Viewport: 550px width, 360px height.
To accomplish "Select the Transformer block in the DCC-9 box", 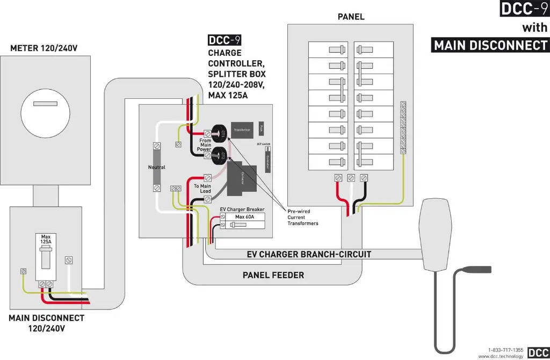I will coord(242,130).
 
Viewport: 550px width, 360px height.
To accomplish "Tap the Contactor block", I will coord(242,181).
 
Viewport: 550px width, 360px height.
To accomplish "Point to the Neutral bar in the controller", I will coord(156,167).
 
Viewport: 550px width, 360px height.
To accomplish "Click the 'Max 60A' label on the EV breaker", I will coord(244,217).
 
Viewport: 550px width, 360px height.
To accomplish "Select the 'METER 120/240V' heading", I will coord(44,48).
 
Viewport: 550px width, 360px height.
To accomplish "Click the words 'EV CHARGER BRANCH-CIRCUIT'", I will coord(309,254).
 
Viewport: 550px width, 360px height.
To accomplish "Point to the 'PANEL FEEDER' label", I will coord(273,275).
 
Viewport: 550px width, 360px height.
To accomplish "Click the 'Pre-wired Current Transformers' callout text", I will coord(303,217).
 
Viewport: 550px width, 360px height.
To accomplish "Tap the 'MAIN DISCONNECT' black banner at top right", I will coord(490,45).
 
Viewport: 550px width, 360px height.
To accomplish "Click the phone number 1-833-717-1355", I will coord(505,350).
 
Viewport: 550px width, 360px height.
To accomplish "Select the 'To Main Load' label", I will coord(202,189).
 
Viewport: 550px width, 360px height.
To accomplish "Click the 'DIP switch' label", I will coord(263,144).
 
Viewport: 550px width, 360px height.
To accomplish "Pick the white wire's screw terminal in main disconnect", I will coord(68,261).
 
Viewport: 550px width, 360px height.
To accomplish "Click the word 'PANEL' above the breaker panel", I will coord(351,17).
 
